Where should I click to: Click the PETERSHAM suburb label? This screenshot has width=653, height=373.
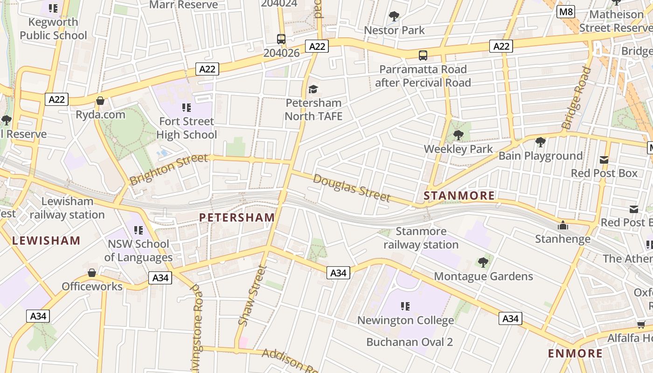(x=237, y=217)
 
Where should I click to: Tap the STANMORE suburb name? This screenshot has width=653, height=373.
(x=459, y=196)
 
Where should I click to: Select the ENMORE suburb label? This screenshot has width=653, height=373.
(x=575, y=353)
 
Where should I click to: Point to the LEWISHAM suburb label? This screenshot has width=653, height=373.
(x=46, y=241)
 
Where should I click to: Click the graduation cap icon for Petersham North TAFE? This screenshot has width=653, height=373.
(x=313, y=89)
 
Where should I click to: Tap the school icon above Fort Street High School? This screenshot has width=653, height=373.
(x=187, y=108)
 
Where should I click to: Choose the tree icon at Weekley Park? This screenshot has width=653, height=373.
(x=458, y=135)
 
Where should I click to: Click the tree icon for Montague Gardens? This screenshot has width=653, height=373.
(x=483, y=262)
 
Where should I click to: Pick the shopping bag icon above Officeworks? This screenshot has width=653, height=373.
(x=92, y=273)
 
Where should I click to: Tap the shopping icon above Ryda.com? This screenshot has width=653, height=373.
(x=100, y=101)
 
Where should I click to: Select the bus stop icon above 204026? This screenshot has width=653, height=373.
(x=281, y=39)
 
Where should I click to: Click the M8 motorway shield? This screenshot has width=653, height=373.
(x=565, y=12)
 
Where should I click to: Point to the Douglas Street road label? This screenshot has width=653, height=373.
(x=351, y=187)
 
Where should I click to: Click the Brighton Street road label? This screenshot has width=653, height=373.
(x=169, y=169)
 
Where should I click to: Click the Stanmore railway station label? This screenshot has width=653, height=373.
(x=421, y=238)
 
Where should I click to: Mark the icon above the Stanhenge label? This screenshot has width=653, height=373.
(x=563, y=226)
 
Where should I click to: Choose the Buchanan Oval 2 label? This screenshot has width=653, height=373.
(x=409, y=342)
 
